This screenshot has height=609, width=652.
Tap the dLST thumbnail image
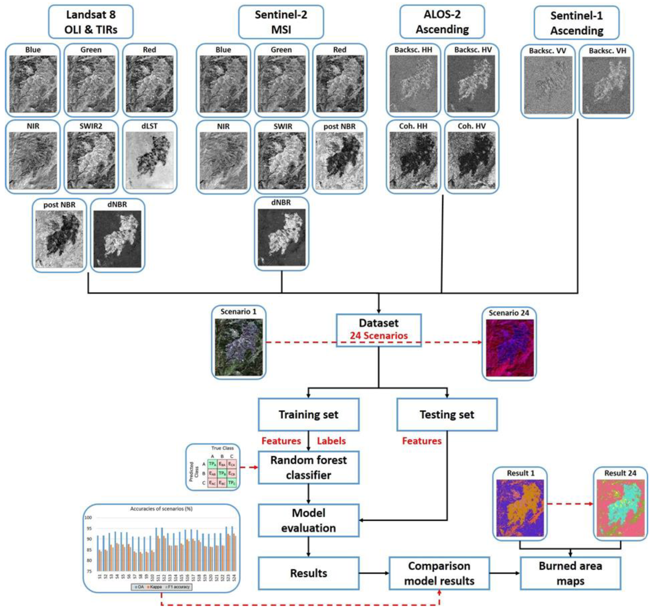pos(150,161)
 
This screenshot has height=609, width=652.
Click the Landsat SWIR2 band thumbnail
pos(91,161)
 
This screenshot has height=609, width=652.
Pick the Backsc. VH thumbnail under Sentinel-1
pos(606,85)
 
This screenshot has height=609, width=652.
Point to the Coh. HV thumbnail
pos(472,161)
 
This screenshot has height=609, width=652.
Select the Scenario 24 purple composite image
pos(509,348)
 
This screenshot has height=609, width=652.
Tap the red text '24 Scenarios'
pos(379,336)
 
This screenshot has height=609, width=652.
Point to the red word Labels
pos(331,441)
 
